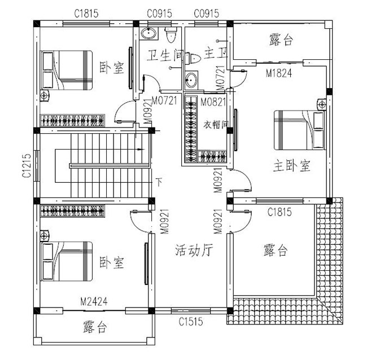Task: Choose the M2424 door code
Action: (95, 301)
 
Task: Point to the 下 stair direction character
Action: (159, 182)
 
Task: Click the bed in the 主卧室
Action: (299, 130)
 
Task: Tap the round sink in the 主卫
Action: (192, 80)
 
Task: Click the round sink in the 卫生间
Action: (149, 33)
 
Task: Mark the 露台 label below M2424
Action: (95, 327)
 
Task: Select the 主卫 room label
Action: (215, 55)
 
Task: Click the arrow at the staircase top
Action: (140, 150)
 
